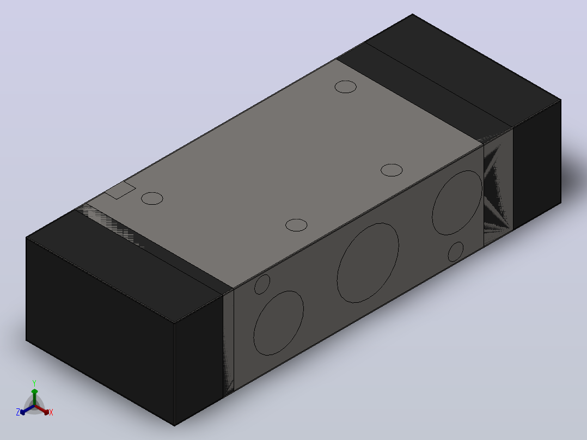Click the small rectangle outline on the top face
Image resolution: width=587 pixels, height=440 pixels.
(120, 190)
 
